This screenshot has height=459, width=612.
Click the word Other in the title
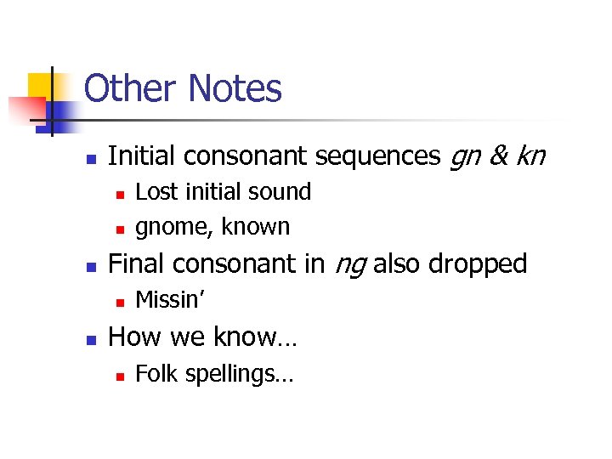tap(131, 88)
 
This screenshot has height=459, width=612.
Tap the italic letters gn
tap(464, 156)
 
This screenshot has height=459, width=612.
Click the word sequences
tap(376, 156)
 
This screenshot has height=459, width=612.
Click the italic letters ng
tap(349, 265)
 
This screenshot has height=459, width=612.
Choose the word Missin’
tap(170, 300)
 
